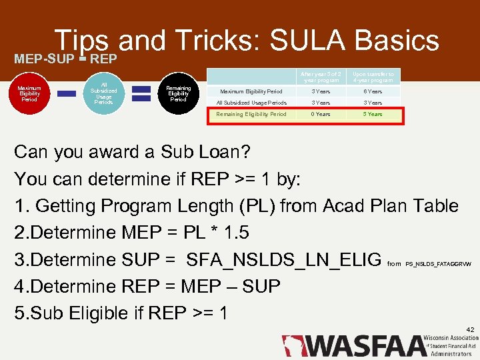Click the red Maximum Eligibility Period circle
click(x=29, y=94)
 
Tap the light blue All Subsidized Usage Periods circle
click(x=103, y=94)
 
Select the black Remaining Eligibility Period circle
click(x=178, y=94)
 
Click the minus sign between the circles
click(x=67, y=94)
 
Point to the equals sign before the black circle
click(x=141, y=94)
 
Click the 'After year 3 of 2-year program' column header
click(x=321, y=77)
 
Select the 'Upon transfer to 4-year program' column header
click(x=373, y=77)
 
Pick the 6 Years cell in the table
click(x=373, y=91)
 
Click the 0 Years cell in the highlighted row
click(x=321, y=114)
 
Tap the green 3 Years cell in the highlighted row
click(x=373, y=114)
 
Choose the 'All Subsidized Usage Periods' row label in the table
click(x=251, y=103)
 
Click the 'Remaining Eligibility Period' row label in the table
click(x=251, y=114)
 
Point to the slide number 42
click(x=470, y=329)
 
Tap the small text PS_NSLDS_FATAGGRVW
click(x=438, y=264)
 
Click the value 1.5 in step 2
click(x=217, y=233)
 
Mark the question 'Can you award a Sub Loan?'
click(x=132, y=152)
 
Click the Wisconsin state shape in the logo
click(x=291, y=345)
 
